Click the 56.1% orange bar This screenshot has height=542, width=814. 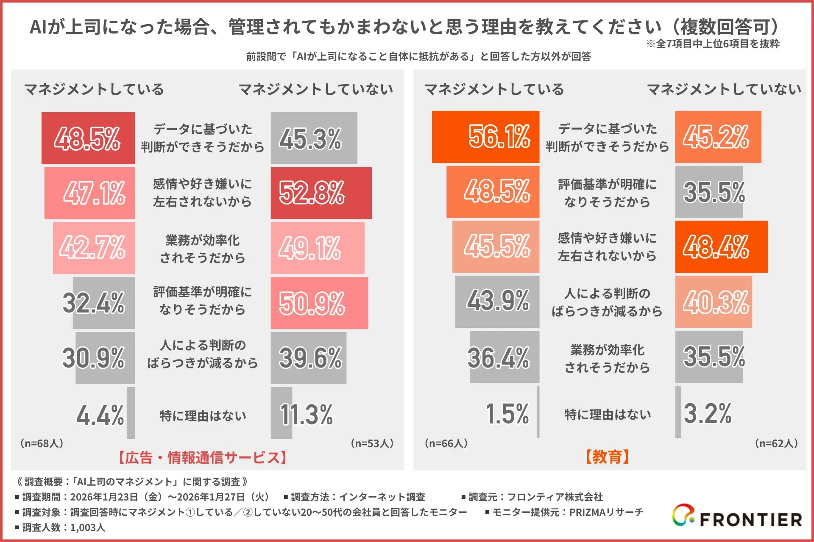pos(485,137)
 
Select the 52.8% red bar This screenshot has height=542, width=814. pos(321,193)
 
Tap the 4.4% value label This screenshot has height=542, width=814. pos(100,415)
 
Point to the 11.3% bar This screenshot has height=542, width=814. pos(281,413)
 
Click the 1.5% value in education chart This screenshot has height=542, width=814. pos(507,414)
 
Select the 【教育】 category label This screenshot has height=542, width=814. pos(607,457)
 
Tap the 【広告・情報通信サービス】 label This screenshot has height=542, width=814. pos(202,458)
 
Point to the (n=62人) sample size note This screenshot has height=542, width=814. pos(776,443)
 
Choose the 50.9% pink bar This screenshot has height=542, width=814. pos(319,303)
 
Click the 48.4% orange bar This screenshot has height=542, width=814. pos(721,247)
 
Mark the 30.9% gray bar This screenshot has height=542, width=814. pos(105,358)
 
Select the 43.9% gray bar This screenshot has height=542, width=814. pos(497,301)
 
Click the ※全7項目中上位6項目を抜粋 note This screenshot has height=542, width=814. pos(713,44)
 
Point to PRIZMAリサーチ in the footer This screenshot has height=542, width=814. pos(606,512)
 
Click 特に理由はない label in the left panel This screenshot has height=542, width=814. pos(203,416)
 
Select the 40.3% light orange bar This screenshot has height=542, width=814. pos(714,302)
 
